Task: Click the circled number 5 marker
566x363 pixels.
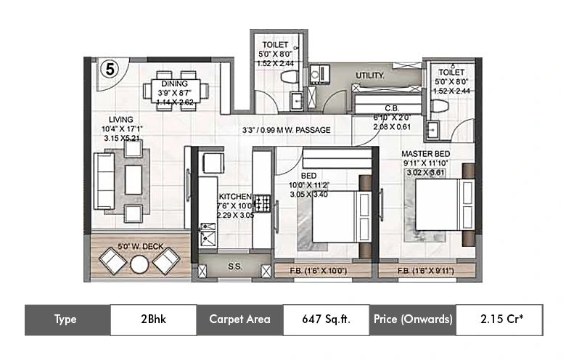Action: tap(109, 70)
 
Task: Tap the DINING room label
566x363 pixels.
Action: tap(174, 83)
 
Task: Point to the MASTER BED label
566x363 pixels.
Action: tap(426, 155)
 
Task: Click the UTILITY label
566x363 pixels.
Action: tap(369, 76)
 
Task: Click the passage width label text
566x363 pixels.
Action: tap(286, 131)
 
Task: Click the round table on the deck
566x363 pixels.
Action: tap(139, 264)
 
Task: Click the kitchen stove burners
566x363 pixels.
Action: tap(262, 203)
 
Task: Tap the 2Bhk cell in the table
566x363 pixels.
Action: tap(152, 319)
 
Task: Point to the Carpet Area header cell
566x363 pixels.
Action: tap(239, 319)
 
